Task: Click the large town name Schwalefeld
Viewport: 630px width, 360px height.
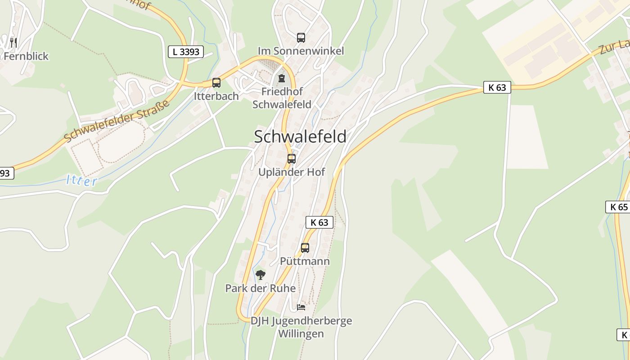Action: pyautogui.click(x=300, y=136)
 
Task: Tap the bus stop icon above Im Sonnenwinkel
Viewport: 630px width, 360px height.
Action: pyautogui.click(x=301, y=38)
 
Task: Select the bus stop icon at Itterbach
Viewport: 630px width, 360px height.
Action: pyautogui.click(x=216, y=83)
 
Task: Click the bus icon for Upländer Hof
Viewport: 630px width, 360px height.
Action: pyautogui.click(x=292, y=159)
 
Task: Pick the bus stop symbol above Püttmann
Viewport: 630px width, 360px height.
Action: pyautogui.click(x=305, y=247)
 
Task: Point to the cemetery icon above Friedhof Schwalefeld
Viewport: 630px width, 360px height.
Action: pyautogui.click(x=282, y=78)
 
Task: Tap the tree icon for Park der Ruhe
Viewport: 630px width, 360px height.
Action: pyautogui.click(x=261, y=274)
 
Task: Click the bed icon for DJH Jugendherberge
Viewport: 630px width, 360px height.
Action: pyautogui.click(x=301, y=307)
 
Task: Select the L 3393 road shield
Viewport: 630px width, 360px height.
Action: pyautogui.click(x=186, y=52)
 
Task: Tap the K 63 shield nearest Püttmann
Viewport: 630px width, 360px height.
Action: pyautogui.click(x=319, y=222)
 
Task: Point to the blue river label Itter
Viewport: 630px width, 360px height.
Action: pyautogui.click(x=81, y=181)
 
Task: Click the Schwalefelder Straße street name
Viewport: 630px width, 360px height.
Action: pyautogui.click(x=117, y=120)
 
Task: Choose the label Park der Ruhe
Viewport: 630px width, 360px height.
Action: pyautogui.click(x=261, y=288)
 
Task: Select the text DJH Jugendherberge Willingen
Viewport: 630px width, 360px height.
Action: pyautogui.click(x=301, y=327)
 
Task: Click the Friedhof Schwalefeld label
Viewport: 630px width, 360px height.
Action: pyautogui.click(x=282, y=98)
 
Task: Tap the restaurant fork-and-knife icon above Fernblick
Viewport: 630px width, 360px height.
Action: pyautogui.click(x=13, y=43)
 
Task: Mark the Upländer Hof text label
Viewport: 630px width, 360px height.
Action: pyautogui.click(x=292, y=172)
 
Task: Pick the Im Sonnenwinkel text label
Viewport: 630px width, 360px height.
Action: pyautogui.click(x=301, y=51)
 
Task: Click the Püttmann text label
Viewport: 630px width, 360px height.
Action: pyautogui.click(x=305, y=261)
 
